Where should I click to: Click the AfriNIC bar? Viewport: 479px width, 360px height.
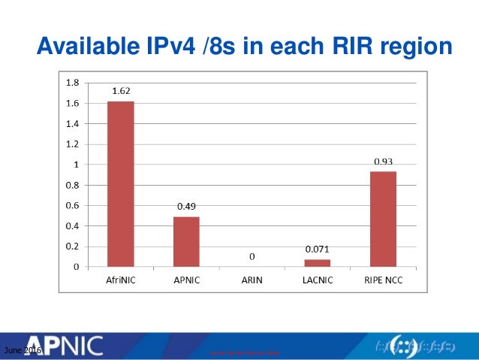[x=121, y=184]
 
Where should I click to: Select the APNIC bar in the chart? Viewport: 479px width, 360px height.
[x=186, y=241]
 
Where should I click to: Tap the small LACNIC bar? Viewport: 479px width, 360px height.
[x=318, y=262]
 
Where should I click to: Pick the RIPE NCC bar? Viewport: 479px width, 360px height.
[x=383, y=219]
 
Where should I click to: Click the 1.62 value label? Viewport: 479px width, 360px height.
[x=121, y=91]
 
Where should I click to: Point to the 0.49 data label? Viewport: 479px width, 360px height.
[x=186, y=206]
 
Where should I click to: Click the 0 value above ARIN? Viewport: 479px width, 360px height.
[x=252, y=256]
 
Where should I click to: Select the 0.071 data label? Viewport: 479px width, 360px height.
[x=318, y=249]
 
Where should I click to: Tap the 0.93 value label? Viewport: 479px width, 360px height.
[x=383, y=161]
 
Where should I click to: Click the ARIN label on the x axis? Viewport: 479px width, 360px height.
[x=252, y=280]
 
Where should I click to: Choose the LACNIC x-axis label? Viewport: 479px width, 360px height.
[x=318, y=280]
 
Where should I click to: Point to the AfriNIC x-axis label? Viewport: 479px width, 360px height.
[x=121, y=280]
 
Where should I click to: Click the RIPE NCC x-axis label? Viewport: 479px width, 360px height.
[x=383, y=280]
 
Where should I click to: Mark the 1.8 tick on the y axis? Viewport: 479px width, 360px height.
[x=75, y=83]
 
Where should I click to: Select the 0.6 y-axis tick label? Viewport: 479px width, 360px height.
[x=75, y=205]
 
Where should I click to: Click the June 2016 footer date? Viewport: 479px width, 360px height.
[x=23, y=350]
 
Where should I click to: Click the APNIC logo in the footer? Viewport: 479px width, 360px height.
[x=71, y=346]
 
